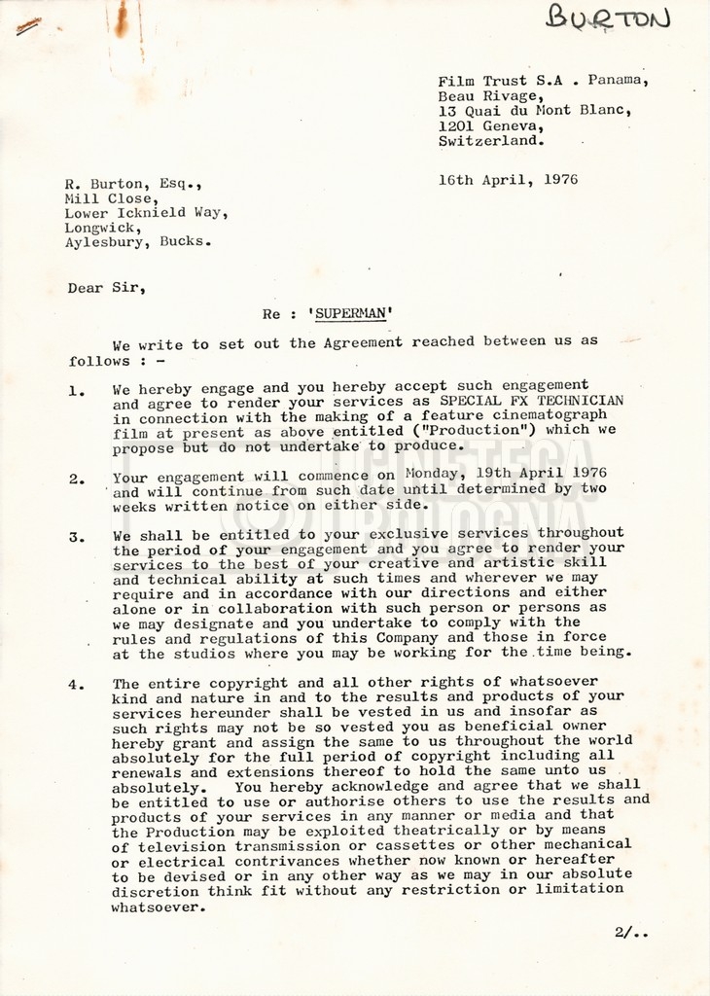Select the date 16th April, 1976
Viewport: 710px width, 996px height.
point(508,180)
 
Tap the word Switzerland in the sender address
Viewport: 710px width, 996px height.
point(488,140)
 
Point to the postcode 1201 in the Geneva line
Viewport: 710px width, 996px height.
point(455,124)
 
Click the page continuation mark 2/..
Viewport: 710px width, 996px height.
point(629,932)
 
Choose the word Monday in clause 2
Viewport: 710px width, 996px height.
point(431,474)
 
